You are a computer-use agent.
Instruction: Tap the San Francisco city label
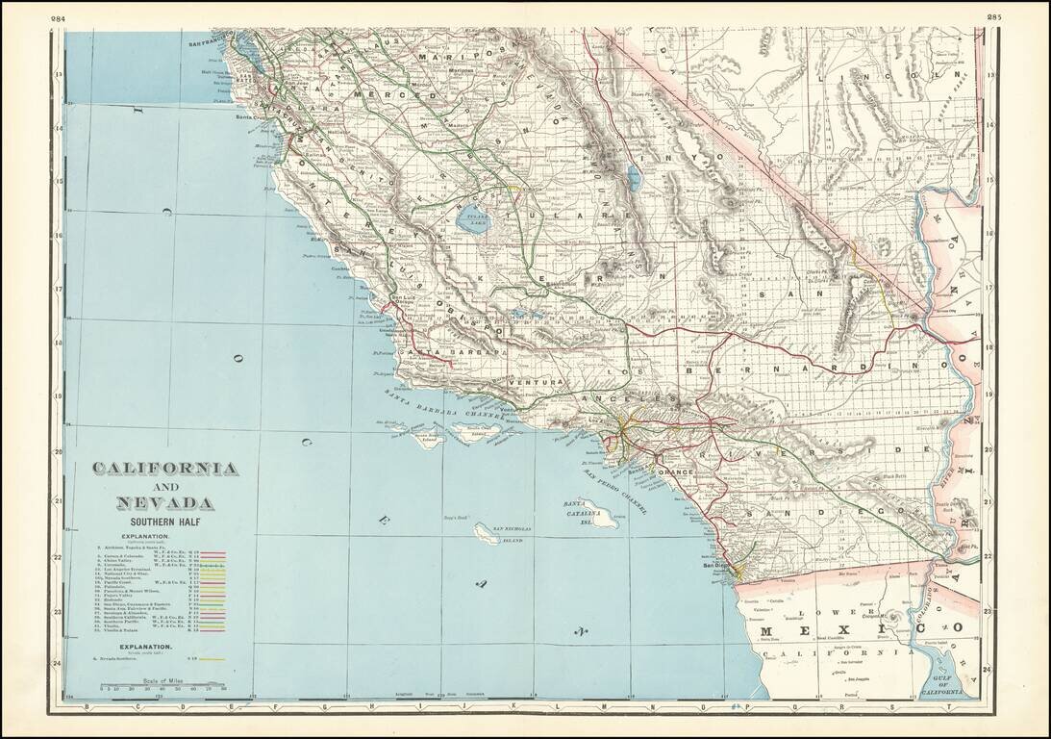click(212, 44)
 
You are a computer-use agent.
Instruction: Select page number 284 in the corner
click(59, 18)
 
